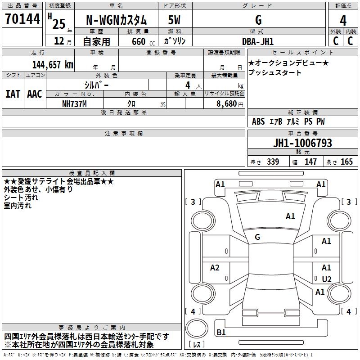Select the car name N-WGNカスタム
click(x=116, y=20)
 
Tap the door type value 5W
click(x=175, y=20)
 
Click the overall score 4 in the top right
click(x=343, y=20)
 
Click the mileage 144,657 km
click(x=52, y=64)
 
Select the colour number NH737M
click(x=74, y=103)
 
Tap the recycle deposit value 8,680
click(x=226, y=103)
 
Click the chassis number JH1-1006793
click(x=302, y=144)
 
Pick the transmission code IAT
click(x=13, y=94)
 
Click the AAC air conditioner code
click(x=35, y=94)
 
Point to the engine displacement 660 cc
click(x=138, y=41)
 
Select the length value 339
click(x=273, y=162)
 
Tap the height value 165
click(x=346, y=162)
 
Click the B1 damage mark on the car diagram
click(x=221, y=333)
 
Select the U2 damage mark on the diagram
click(x=327, y=279)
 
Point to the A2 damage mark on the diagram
click(x=215, y=268)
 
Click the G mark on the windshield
click(x=257, y=237)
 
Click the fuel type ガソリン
click(x=175, y=41)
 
